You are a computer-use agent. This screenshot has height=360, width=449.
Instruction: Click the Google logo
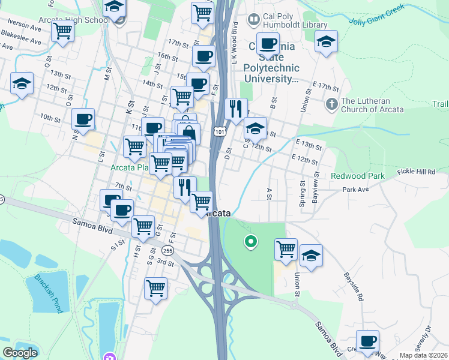(20, 353)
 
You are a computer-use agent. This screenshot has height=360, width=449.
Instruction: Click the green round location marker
(250, 242)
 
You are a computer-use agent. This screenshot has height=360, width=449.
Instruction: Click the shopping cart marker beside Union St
(286, 247)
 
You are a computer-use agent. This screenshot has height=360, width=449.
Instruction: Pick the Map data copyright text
(424, 355)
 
